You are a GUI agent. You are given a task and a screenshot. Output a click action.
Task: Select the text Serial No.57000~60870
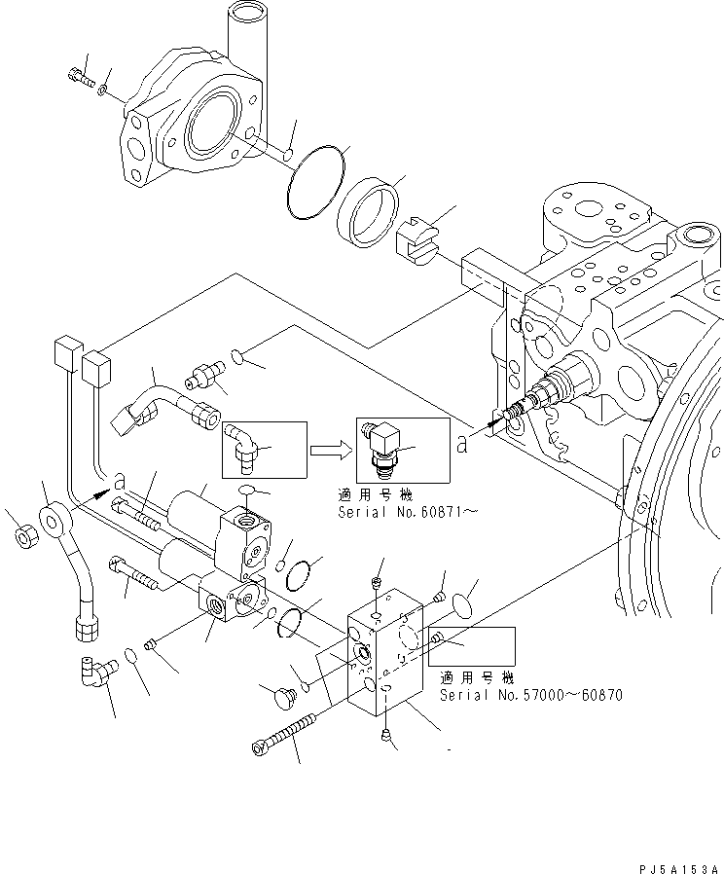click(530, 695)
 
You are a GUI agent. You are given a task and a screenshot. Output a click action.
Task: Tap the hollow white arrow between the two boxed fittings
click(329, 450)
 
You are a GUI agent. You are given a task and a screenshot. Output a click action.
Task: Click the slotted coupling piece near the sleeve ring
click(418, 239)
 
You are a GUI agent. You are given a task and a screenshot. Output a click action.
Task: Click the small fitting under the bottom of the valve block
click(387, 736)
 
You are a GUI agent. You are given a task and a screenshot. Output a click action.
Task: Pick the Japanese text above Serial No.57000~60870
click(476, 677)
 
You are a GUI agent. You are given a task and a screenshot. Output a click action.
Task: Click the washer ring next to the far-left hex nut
click(53, 516)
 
